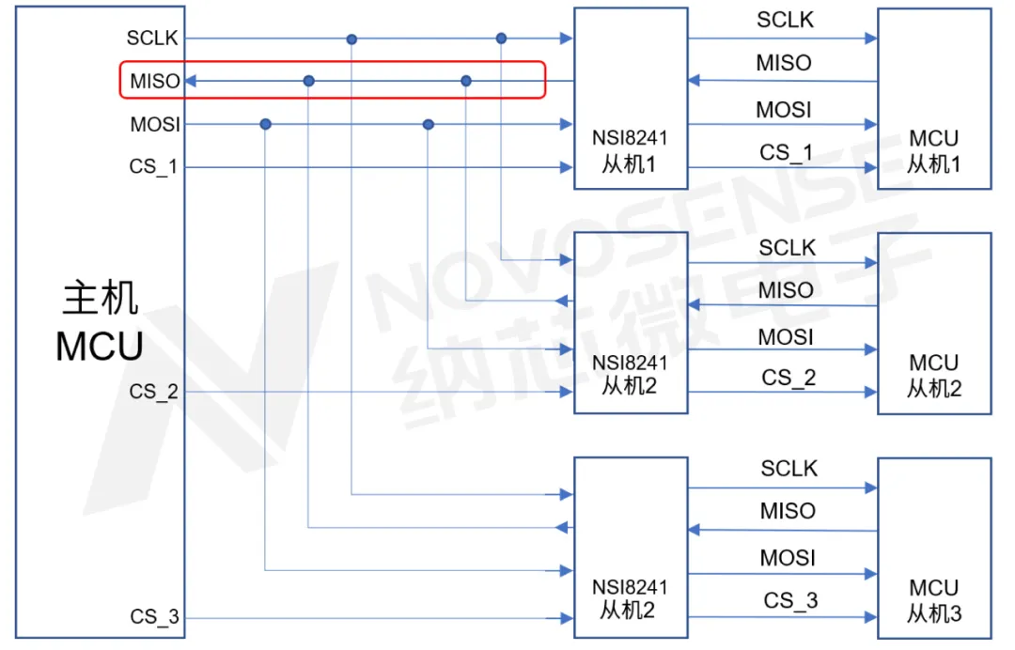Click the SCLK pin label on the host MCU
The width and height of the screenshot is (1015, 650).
click(x=152, y=39)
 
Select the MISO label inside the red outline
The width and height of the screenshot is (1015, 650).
click(x=155, y=81)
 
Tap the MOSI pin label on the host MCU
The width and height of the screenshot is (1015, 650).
click(x=155, y=124)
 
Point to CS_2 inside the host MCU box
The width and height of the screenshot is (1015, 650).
click(x=153, y=392)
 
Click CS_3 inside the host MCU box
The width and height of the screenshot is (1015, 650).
click(x=154, y=616)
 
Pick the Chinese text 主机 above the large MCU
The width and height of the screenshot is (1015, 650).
click(x=101, y=298)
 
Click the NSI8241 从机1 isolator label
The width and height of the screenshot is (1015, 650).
click(x=630, y=151)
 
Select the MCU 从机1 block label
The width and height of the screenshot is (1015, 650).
click(x=933, y=151)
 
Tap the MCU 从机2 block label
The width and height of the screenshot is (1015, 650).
click(x=933, y=376)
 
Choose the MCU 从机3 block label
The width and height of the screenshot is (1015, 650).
click(x=933, y=601)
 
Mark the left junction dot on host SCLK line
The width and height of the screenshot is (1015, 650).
click(x=351, y=39)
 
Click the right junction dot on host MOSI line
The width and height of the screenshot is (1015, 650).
click(x=428, y=124)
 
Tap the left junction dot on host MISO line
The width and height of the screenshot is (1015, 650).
click(x=309, y=81)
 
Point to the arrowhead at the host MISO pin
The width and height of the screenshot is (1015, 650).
click(x=191, y=81)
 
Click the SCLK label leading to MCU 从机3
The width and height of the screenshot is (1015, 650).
click(x=789, y=469)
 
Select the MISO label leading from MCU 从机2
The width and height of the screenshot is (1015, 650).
click(x=786, y=290)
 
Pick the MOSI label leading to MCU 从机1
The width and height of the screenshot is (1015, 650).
click(x=784, y=110)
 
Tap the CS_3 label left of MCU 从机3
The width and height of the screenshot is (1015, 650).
click(x=790, y=601)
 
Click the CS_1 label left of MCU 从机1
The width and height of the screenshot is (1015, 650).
click(x=786, y=152)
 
